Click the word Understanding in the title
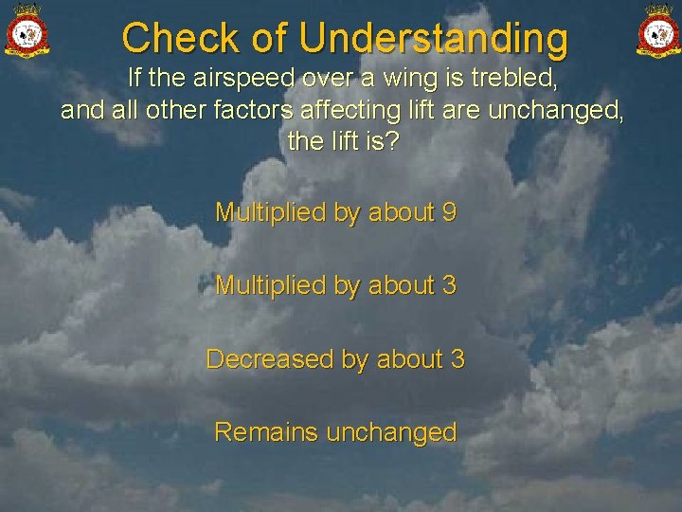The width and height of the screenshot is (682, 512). (434, 40)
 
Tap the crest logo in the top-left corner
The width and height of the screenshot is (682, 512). (27, 30)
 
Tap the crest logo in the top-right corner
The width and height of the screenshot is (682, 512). (656, 30)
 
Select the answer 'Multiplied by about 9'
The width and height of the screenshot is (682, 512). (335, 212)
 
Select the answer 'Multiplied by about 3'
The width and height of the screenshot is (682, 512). (335, 285)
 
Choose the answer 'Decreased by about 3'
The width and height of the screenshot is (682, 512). (335, 359)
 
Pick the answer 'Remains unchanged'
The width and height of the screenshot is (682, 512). (335, 432)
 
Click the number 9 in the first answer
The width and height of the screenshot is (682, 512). (449, 212)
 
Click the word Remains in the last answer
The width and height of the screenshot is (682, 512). (266, 432)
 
